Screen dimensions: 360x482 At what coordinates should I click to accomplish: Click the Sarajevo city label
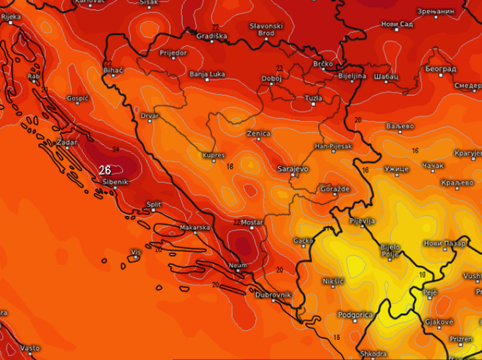(293, 168)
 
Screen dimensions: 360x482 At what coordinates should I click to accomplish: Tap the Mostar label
(252, 222)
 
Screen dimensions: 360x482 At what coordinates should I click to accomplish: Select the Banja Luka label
(207, 73)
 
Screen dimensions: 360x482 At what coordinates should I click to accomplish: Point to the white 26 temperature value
(104, 170)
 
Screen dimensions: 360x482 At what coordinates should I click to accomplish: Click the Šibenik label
(115, 182)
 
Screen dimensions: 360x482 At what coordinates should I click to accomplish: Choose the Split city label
(153, 204)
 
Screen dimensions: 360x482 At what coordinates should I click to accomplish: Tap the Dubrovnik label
(273, 294)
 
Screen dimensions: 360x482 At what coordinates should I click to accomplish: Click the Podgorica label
(357, 315)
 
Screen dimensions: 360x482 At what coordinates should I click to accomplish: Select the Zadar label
(67, 142)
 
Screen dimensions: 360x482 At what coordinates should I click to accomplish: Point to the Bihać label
(114, 70)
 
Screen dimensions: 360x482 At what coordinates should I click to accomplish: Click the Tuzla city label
(314, 97)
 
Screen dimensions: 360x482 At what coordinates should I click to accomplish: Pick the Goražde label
(335, 188)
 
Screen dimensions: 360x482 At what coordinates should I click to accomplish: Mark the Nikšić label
(333, 280)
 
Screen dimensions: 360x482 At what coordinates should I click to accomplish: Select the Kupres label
(214, 155)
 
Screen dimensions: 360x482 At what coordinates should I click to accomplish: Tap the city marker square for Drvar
(150, 121)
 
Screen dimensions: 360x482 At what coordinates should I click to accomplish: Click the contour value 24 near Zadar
(115, 150)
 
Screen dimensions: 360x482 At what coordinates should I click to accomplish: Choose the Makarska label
(194, 228)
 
